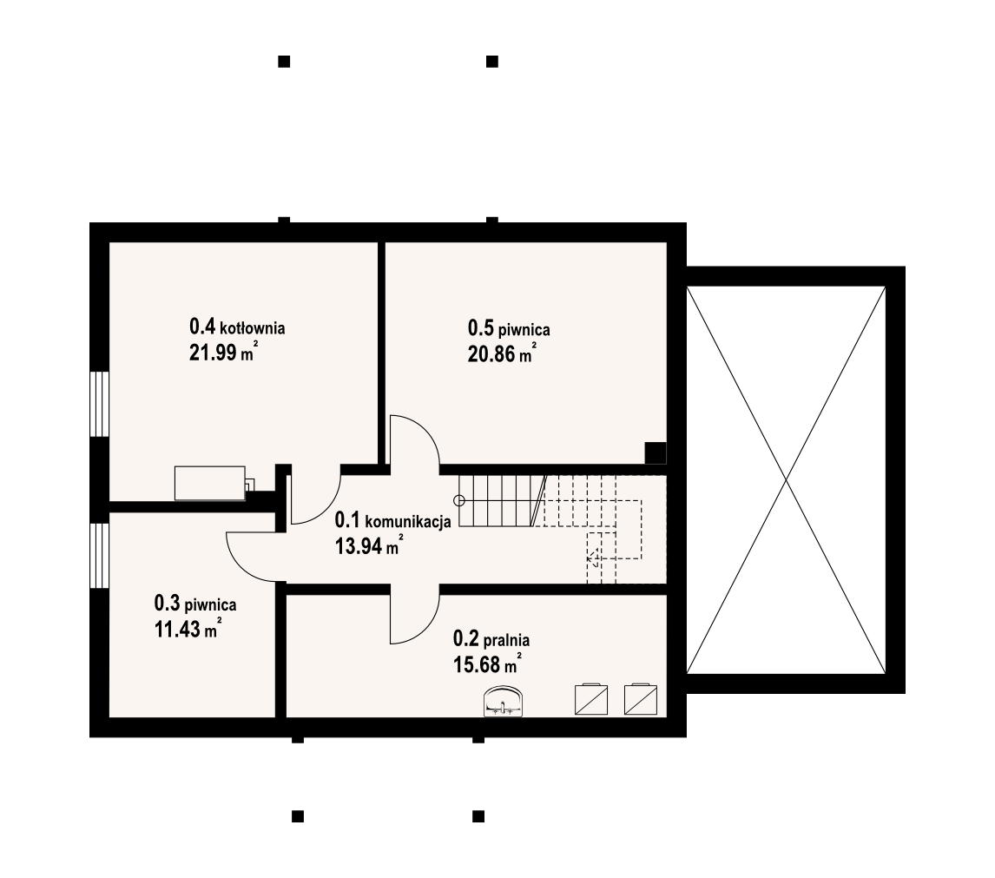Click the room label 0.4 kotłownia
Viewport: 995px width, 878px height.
tap(237, 327)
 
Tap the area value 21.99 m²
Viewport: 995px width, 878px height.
tap(223, 351)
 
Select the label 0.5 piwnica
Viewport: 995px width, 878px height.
tap(509, 328)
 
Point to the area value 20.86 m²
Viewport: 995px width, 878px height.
tap(502, 353)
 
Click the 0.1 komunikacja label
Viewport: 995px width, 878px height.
tap(392, 520)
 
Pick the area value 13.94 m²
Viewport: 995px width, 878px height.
tap(369, 545)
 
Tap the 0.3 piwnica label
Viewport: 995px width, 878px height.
tap(195, 603)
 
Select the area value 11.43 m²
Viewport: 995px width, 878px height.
tap(188, 628)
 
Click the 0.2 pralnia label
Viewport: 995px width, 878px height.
tap(491, 638)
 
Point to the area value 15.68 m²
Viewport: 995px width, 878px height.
tap(487, 663)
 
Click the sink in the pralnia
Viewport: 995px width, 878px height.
tap(504, 702)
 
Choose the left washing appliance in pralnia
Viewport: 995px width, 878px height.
tap(590, 699)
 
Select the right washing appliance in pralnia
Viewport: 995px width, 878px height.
tap(641, 699)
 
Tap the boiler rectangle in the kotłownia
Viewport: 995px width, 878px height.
tap(210, 483)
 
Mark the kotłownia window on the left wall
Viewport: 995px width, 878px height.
tap(99, 405)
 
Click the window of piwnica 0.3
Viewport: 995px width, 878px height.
tap(99, 556)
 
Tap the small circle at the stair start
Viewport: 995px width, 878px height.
tap(460, 501)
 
